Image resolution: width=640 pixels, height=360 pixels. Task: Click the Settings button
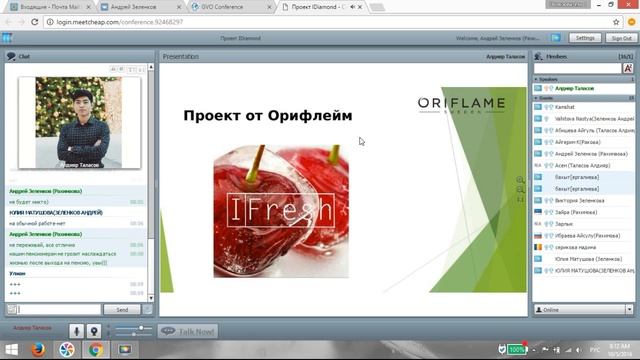coord(586,38)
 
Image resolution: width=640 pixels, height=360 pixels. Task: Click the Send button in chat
coord(122,310)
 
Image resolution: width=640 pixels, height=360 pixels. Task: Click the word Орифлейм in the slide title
coord(306,115)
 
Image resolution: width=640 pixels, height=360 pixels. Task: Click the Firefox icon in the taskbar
coord(38,350)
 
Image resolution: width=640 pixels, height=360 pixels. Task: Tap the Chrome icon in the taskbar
coord(96,350)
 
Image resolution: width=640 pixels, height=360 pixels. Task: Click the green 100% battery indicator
coord(516,350)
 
